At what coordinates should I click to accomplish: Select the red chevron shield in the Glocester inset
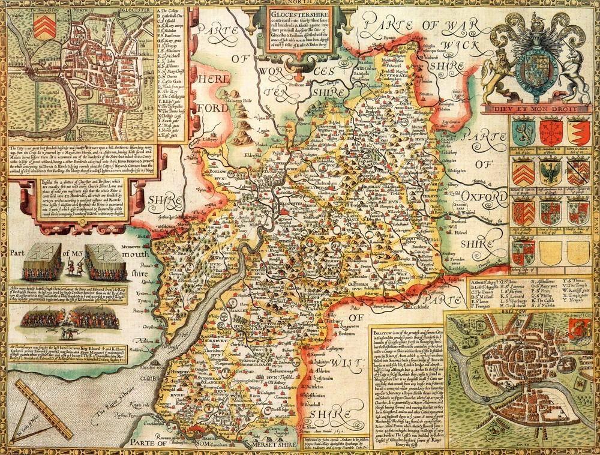(41, 26)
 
